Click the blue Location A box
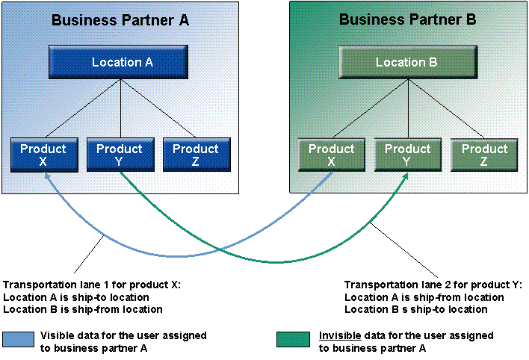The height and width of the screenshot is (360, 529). pos(122,63)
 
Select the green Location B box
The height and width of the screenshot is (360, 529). pos(406,63)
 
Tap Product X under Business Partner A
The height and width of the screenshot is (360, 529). pos(43,155)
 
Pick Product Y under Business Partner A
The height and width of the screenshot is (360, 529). pos(120,155)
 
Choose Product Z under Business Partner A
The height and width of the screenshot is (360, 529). pos(195,155)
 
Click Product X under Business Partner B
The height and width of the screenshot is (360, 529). pos(331,155)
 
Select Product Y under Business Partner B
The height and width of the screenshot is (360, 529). pos(407,155)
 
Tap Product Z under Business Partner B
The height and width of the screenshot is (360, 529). pos(484,155)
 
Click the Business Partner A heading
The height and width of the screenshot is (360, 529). pos(120,20)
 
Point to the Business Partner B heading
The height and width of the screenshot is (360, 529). pos(407,20)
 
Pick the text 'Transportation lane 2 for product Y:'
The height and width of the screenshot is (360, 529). pos(433,285)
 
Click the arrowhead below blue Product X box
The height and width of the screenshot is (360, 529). pos(46,176)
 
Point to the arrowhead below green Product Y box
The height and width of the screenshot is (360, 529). pos(409,176)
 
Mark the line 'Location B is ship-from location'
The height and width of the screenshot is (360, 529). pos(83,308)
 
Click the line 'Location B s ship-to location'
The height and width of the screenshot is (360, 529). pos(416,308)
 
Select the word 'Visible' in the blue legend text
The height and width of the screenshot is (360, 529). pos(56,335)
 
